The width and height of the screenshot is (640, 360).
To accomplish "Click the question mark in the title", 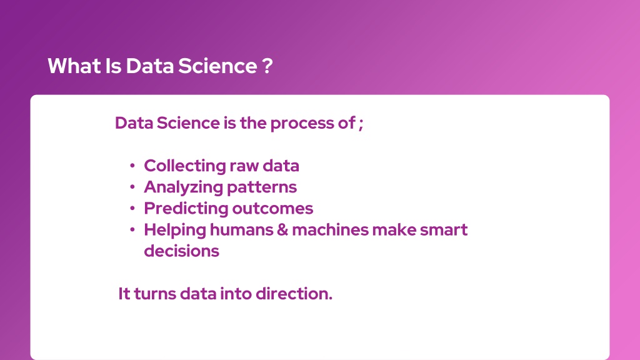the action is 267,66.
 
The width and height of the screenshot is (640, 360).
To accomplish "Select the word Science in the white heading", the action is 217,66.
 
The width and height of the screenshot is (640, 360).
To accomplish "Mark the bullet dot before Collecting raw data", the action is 132,166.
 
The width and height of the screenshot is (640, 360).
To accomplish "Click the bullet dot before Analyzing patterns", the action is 132,187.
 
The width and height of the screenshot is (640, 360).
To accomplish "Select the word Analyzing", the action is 183,187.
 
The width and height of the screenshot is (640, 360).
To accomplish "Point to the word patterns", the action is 262,187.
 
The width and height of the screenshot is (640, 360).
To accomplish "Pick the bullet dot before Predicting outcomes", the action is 132,208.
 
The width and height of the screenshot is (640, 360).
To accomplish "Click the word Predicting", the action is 186,209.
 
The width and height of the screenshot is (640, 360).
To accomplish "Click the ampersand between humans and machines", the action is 282,230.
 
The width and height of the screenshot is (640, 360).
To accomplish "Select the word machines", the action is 330,230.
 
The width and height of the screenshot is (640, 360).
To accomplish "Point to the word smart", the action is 444,230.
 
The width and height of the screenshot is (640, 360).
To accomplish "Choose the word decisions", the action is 182,251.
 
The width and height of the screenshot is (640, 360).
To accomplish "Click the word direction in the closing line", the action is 294,294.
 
